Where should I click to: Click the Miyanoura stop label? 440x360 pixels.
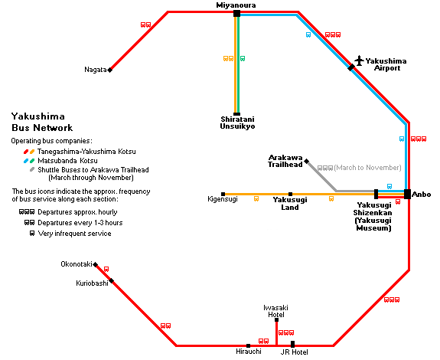236,5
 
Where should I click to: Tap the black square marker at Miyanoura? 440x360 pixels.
237,13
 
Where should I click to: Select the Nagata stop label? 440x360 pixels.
96,70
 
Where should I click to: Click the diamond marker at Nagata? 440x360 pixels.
110,70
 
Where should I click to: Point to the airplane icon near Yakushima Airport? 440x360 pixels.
359,61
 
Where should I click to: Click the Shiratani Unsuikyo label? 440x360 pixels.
237,123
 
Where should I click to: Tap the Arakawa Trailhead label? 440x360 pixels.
285,161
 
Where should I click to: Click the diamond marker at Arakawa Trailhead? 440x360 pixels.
307,161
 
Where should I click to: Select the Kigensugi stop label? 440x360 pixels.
223,199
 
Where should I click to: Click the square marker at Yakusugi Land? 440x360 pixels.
291,194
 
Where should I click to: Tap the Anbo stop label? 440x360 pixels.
421,195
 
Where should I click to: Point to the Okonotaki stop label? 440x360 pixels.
77,264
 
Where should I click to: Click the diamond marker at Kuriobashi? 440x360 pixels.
112,280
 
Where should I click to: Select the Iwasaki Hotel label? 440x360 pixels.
275,311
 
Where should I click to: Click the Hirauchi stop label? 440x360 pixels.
249,352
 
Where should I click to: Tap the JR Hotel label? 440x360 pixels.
295,352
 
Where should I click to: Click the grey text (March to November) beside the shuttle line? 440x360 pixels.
367,168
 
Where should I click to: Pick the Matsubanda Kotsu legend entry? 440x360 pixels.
67,161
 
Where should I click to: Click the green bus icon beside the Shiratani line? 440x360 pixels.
243,58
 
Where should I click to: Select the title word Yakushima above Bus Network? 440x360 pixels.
38,116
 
